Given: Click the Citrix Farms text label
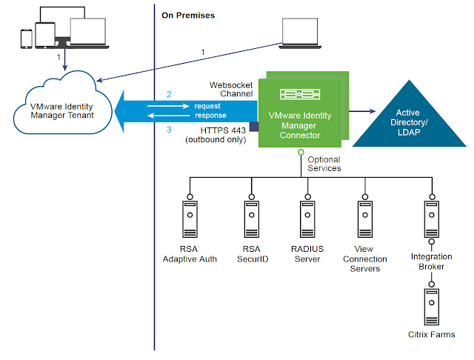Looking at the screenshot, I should (431, 335).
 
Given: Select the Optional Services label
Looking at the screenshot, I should (324, 164).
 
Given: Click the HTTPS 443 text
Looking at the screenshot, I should (223, 130).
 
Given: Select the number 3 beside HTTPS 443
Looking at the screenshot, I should (169, 130).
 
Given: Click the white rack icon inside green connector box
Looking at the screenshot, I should (301, 94).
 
